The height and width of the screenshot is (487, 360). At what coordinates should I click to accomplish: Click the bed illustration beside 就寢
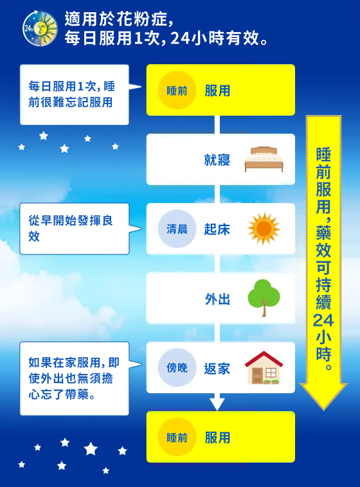[x=264, y=159]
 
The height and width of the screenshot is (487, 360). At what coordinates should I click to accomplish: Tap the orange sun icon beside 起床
[x=264, y=229]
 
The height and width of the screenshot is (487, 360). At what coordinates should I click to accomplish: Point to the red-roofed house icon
[x=264, y=367]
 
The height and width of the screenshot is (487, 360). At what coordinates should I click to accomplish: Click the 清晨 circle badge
[x=177, y=229]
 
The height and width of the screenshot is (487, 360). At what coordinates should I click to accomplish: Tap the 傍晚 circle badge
[x=177, y=367]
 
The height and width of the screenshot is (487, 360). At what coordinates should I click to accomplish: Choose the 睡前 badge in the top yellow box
[x=177, y=91]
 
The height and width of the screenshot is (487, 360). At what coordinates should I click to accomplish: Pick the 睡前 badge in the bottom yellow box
[x=177, y=438]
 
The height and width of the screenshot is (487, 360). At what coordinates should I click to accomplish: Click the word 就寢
[x=217, y=160]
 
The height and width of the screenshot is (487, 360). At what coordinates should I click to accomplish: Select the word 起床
[x=217, y=229]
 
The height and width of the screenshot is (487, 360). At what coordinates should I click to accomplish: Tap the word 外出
[x=217, y=299]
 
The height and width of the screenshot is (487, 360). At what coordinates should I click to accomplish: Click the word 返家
[x=217, y=368]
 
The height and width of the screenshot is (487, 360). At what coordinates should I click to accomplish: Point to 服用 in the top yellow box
[x=217, y=91]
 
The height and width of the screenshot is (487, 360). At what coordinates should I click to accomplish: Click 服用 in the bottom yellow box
[x=217, y=438]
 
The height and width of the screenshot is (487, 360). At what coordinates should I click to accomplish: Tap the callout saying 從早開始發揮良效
[x=74, y=228]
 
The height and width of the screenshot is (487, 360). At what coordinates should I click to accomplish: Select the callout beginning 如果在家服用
[x=74, y=378]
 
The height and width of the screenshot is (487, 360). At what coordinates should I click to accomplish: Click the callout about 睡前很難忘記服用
[x=74, y=94]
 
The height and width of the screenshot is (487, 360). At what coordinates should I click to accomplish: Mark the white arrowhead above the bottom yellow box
[x=217, y=403]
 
